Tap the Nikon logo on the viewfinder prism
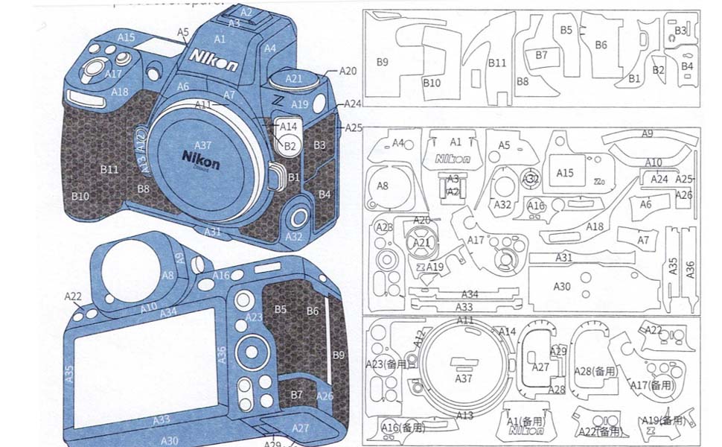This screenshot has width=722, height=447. tap(214, 60)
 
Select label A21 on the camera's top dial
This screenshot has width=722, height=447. tap(294, 78)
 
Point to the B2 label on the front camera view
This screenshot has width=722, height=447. tap(290, 146)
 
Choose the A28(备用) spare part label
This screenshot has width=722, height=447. tap(595, 370)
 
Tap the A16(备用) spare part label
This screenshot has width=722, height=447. tap(402, 428)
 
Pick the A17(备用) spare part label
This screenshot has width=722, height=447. tap(650, 385)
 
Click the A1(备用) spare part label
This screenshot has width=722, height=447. tap(525, 421)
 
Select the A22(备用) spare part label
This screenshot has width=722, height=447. tap(599, 432)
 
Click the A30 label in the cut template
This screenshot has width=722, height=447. tap(562, 285)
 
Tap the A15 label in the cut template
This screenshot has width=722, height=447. tap(566, 173)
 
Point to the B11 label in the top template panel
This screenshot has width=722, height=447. tap(497, 63)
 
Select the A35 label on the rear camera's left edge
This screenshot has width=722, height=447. tap(69, 373)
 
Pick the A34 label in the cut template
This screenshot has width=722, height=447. tap(470, 294)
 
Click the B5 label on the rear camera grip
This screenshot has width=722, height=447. tap(281, 309)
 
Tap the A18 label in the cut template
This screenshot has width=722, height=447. tap(595, 226)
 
